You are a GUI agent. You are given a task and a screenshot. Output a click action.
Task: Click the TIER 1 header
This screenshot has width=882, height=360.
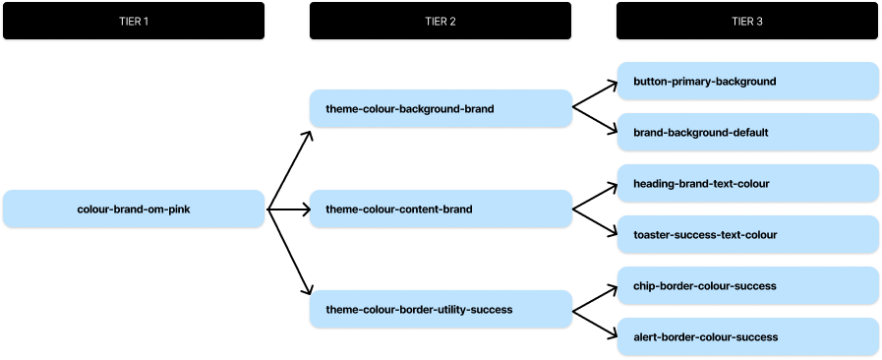(x=133, y=21)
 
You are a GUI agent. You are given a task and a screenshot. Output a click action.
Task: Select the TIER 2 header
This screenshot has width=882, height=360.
(x=440, y=21)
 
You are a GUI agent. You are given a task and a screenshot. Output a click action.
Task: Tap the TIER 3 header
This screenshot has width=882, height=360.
(x=747, y=21)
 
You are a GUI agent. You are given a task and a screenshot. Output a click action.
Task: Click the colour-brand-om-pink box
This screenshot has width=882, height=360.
(x=133, y=209)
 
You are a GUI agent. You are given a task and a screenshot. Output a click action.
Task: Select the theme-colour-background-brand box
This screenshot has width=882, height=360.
(x=440, y=108)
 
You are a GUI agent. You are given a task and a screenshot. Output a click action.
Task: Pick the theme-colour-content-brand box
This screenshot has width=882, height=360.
(x=440, y=209)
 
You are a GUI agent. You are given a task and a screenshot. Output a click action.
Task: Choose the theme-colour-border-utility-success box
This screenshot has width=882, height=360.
(x=440, y=309)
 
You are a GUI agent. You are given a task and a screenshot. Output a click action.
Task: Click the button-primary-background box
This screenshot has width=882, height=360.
(x=747, y=82)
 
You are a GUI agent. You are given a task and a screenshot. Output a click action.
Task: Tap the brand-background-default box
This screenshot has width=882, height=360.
(x=747, y=132)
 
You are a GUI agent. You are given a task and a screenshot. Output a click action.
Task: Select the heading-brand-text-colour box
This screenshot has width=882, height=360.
(x=747, y=184)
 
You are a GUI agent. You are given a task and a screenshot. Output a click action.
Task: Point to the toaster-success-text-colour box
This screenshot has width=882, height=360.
(x=747, y=235)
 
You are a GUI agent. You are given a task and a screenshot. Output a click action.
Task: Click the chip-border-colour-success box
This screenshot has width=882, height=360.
(x=747, y=285)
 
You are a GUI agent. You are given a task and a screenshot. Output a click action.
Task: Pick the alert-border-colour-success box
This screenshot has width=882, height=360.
(x=747, y=336)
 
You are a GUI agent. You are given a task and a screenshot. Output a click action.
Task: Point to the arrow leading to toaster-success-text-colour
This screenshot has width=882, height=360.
(x=595, y=222)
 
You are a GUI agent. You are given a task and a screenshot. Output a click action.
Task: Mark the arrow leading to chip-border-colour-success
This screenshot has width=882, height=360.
(x=595, y=297)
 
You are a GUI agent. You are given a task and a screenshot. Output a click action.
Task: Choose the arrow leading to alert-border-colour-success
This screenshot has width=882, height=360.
(x=595, y=323)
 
